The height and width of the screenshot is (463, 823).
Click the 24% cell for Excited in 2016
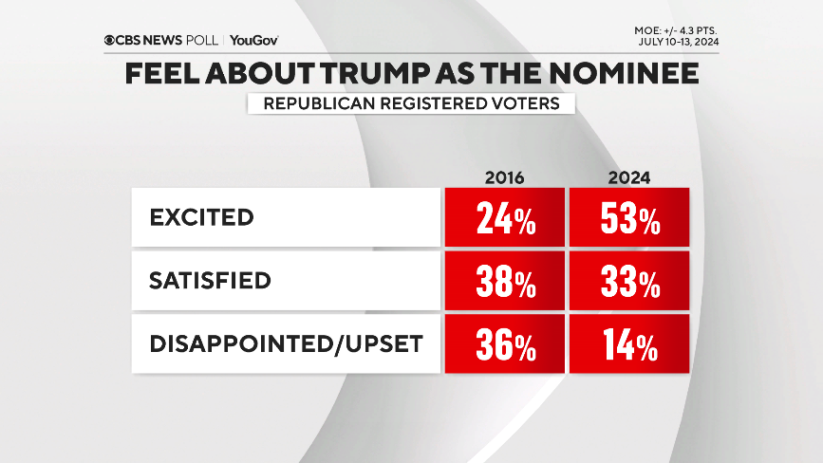[x=503, y=218]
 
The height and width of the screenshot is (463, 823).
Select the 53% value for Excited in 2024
[x=628, y=218]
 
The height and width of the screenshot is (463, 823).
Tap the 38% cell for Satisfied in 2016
[x=503, y=282]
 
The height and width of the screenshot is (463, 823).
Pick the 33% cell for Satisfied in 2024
[x=628, y=282]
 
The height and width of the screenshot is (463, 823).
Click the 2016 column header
[x=504, y=177]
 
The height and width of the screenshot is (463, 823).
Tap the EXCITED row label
[x=202, y=217]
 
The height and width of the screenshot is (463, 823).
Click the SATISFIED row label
[x=210, y=281]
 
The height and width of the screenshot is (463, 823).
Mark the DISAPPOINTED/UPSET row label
[x=285, y=343]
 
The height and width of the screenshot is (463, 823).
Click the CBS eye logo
[x=110, y=40]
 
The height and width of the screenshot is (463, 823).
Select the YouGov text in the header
[x=253, y=40]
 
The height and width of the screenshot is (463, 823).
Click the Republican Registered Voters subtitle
[x=410, y=102]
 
